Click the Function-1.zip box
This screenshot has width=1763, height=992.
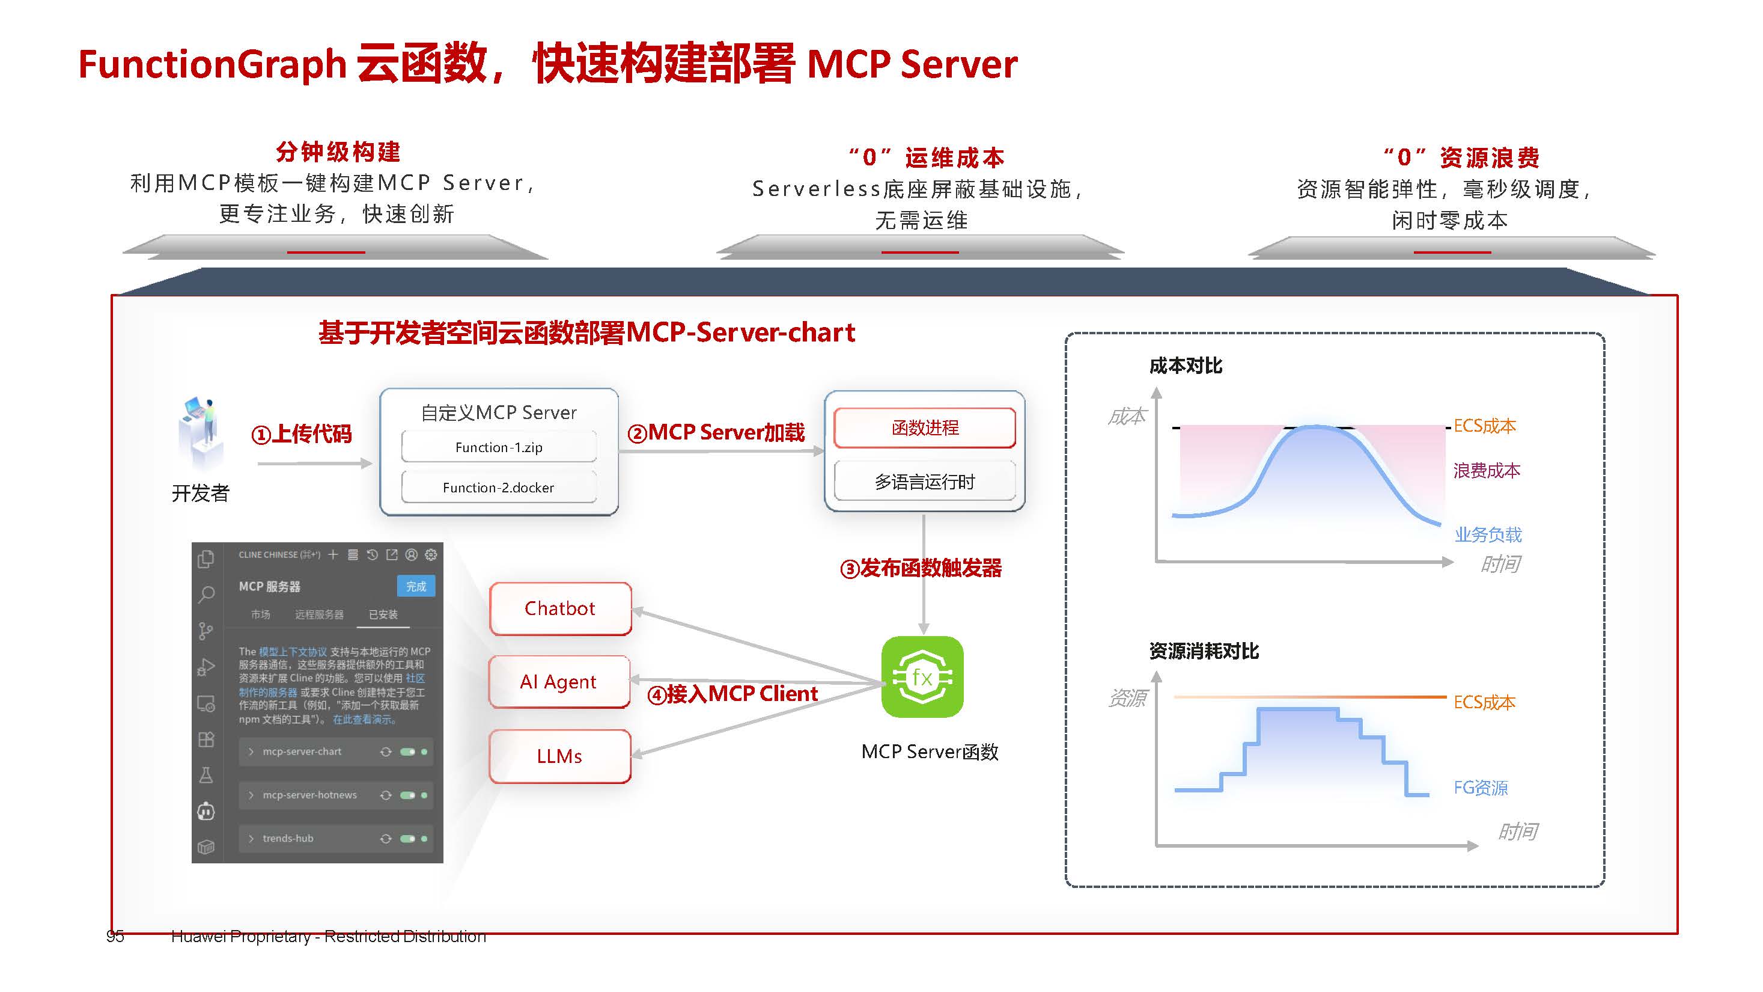point(498,447)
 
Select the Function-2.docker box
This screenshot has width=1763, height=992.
point(498,487)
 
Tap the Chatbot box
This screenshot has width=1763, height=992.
point(560,608)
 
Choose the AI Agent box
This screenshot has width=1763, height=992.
point(558,681)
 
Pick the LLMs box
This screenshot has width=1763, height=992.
point(559,756)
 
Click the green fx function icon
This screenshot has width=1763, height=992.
point(922,676)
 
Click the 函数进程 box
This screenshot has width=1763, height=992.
point(925,428)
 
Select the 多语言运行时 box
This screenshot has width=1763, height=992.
point(925,482)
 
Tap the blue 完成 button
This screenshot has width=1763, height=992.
point(415,586)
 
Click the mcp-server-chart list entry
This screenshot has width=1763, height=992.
point(302,752)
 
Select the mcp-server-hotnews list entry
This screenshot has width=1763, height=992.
point(309,795)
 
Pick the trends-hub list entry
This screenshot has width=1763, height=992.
point(288,838)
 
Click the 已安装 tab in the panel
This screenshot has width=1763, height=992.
point(383,614)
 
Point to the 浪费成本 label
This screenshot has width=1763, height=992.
point(1487,470)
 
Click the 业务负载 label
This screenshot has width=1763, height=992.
point(1488,534)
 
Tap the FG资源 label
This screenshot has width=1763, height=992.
point(1481,788)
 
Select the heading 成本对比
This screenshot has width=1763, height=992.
point(1186,366)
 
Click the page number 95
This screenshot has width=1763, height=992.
point(115,936)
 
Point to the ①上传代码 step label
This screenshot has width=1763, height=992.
point(301,433)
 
